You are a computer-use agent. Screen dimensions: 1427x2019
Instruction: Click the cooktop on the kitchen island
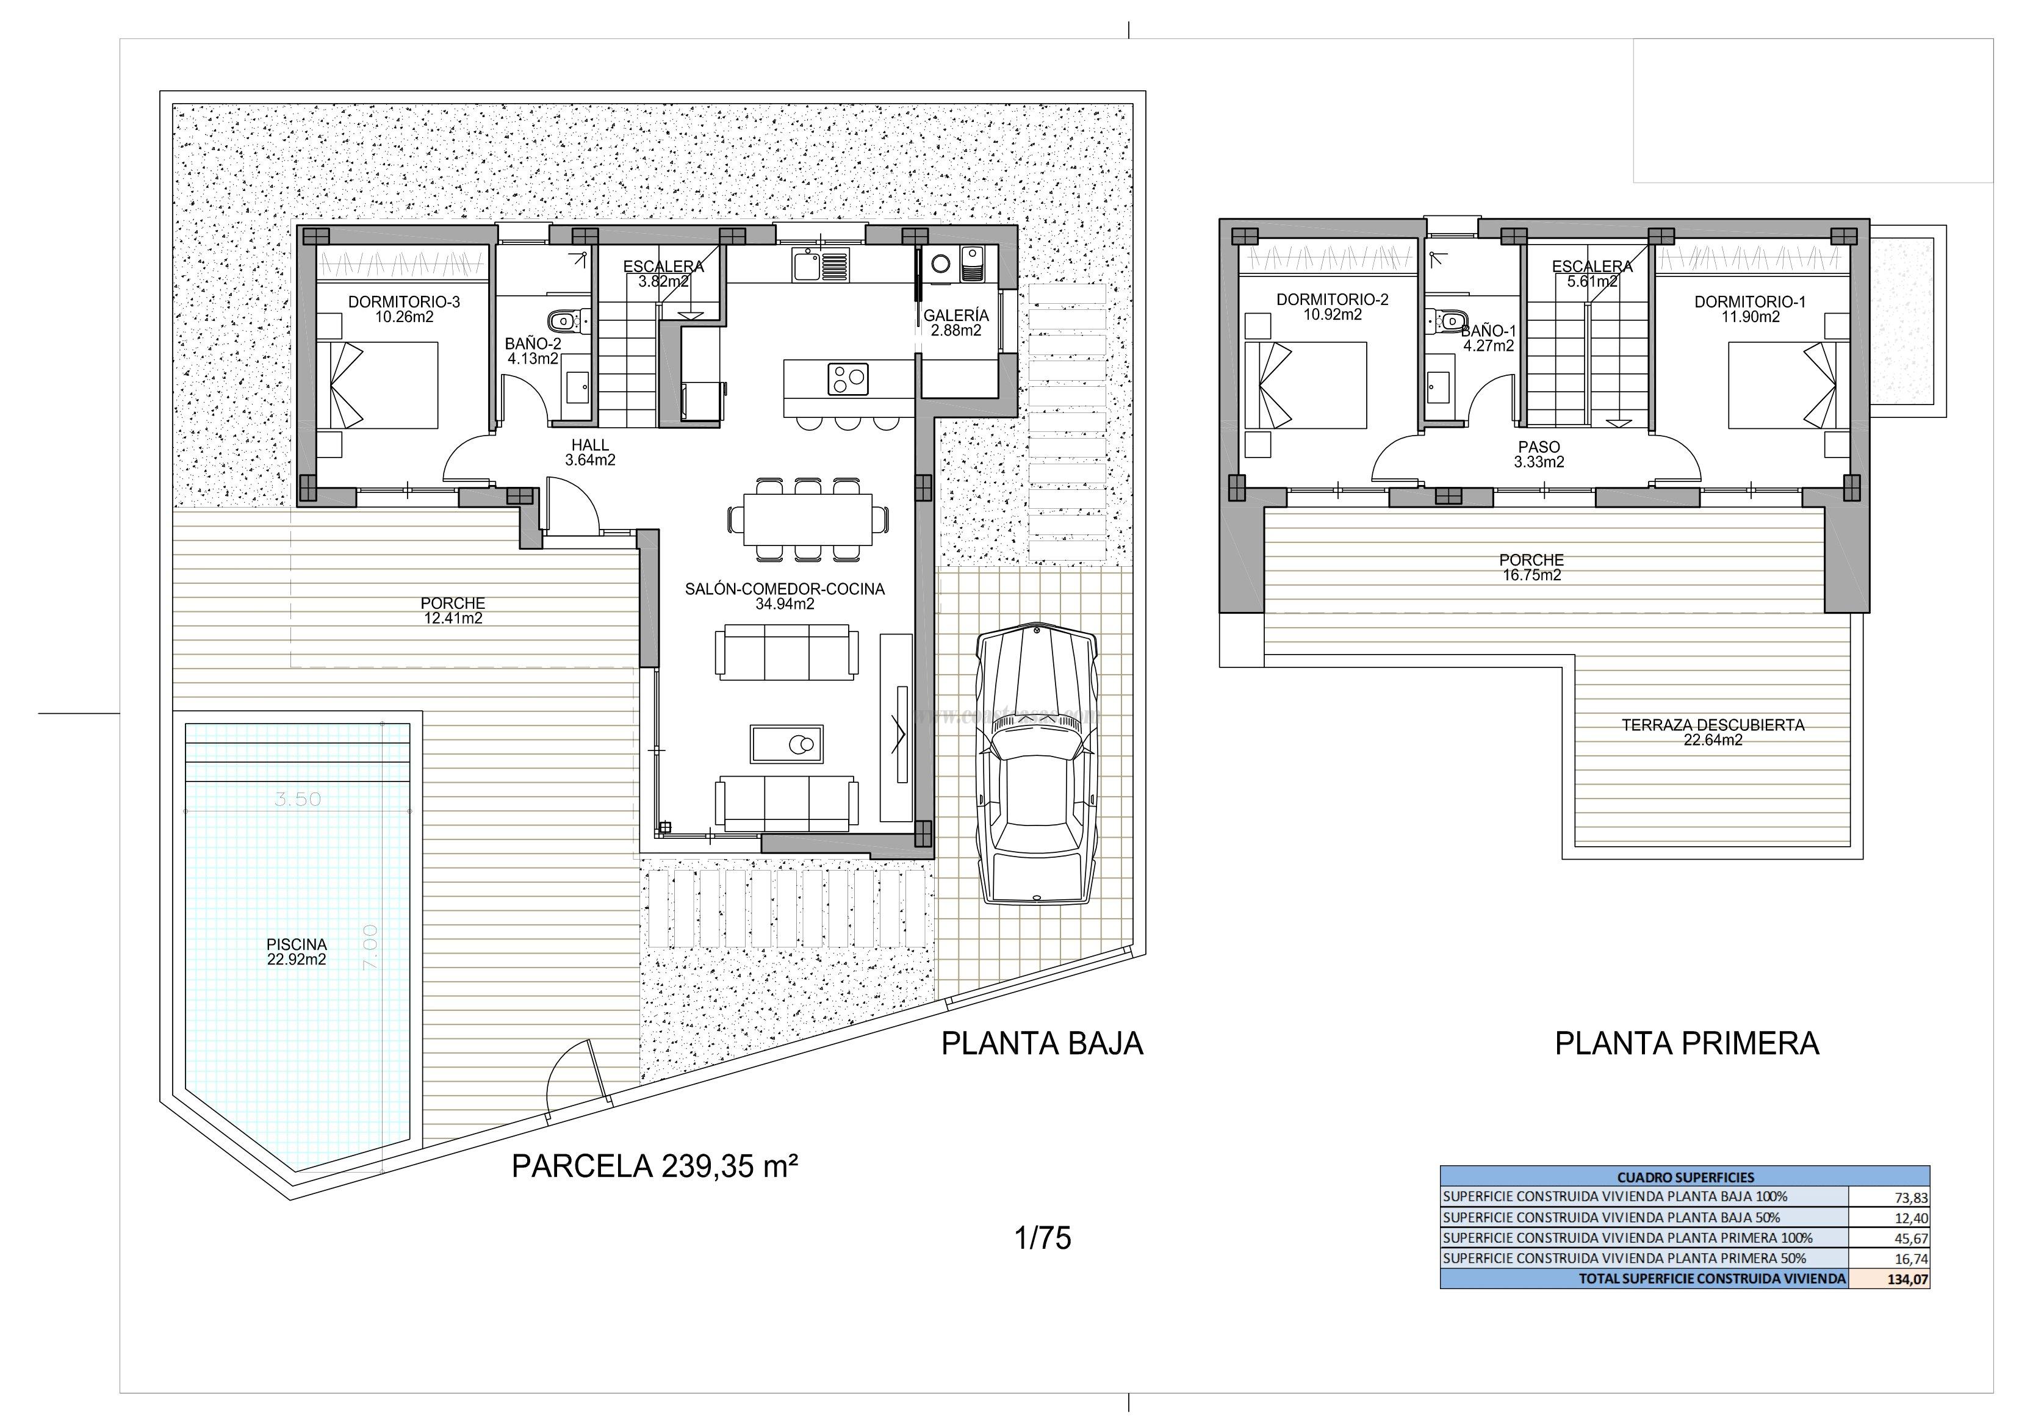pos(847,379)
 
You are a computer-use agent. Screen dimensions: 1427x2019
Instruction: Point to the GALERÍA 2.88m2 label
pos(956,323)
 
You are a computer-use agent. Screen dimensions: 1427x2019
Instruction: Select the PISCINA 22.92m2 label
pos(297,951)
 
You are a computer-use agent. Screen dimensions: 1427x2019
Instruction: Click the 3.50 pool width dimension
pos(298,799)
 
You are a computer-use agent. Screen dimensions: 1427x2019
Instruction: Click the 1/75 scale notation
pos(1042,1238)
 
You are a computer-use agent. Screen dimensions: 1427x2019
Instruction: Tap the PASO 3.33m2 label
pos(1539,455)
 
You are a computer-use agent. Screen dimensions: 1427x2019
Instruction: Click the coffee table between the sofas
pos(786,744)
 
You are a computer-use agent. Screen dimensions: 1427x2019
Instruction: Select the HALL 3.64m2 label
pos(590,453)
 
